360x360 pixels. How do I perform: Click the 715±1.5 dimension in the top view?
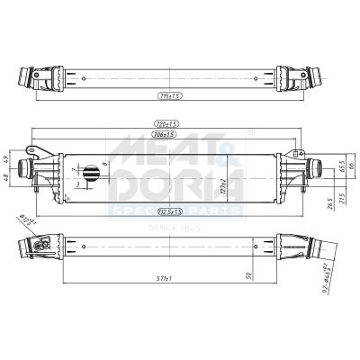click(x=168, y=94)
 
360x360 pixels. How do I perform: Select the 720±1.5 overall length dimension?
click(x=165, y=123)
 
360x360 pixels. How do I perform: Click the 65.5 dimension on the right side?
click(x=341, y=166)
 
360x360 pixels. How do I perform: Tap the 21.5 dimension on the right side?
click(x=341, y=199)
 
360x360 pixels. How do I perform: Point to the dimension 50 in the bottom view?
click(x=249, y=279)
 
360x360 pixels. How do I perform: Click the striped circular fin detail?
click(x=90, y=174)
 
